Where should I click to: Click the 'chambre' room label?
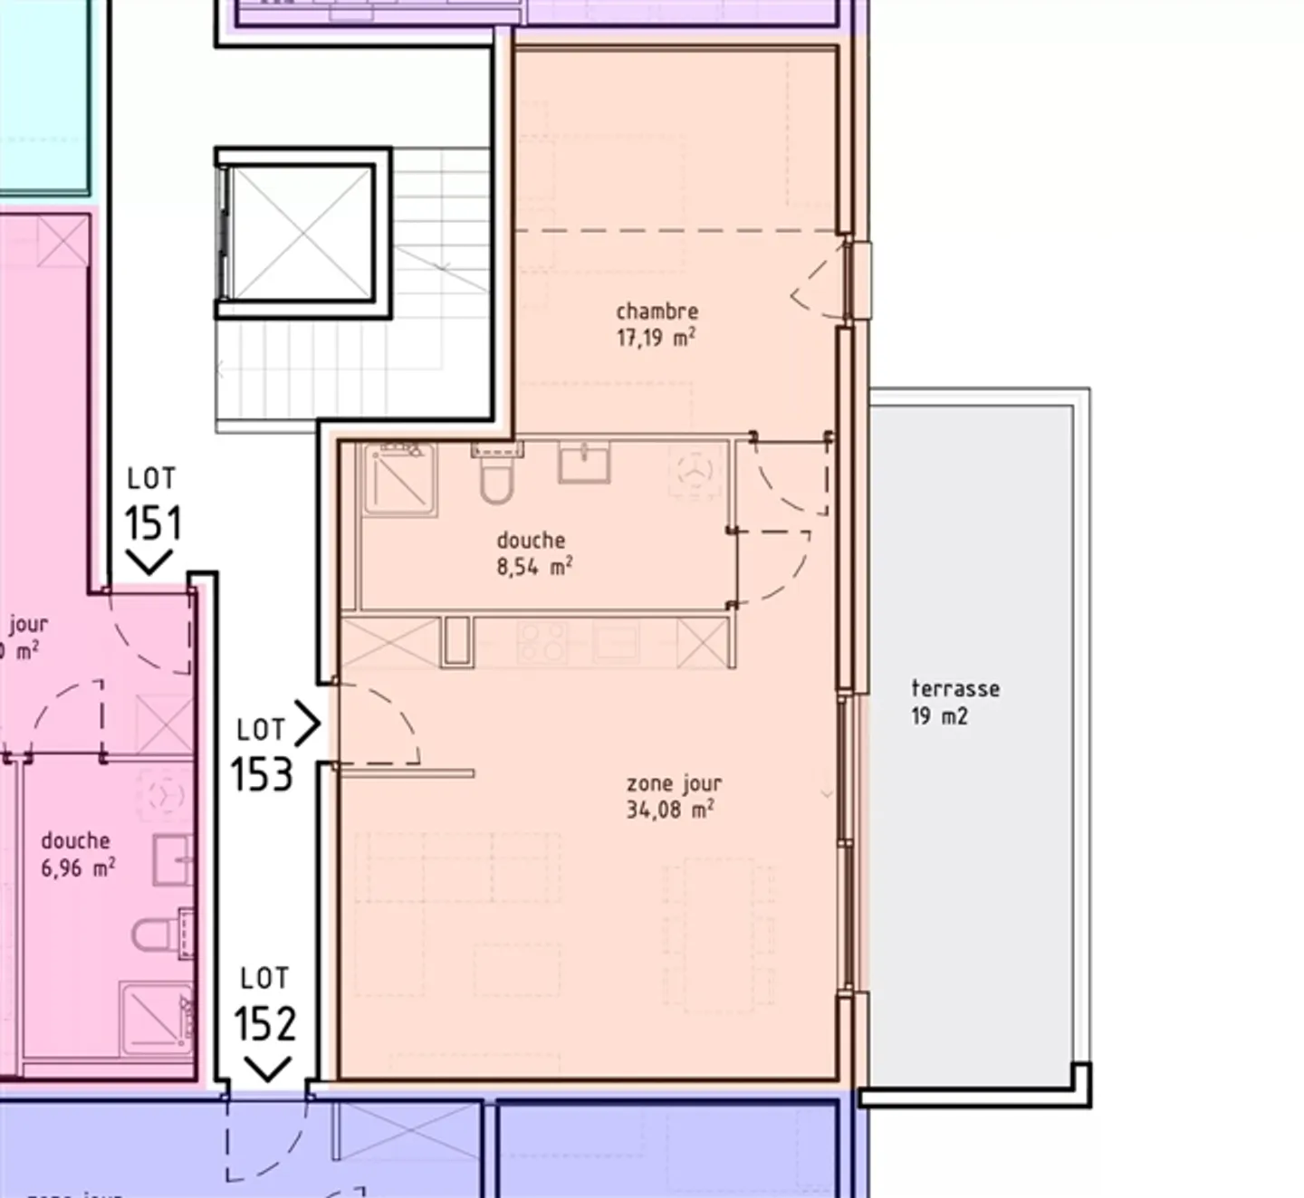pos(657,311)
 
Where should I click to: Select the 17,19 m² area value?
pos(656,339)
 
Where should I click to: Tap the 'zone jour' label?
pos(674,783)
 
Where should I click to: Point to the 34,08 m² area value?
pos(669,810)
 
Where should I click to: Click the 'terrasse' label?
pos(955,688)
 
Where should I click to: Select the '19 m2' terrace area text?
pos(939,716)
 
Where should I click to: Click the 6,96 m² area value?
pos(78,868)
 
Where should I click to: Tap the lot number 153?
pos(262,775)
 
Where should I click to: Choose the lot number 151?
pos(152,523)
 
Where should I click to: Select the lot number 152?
pos(264,1024)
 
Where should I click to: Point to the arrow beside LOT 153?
pos(308,724)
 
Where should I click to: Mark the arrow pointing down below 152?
pos(267,1070)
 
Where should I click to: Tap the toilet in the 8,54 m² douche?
pos(495,477)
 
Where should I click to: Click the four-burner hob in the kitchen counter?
pos(542,641)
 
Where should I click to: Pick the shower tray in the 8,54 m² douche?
pos(399,480)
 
